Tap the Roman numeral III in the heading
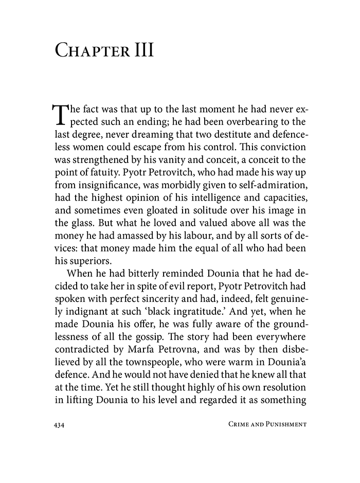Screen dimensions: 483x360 [140, 52]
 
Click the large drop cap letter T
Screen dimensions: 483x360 [60, 114]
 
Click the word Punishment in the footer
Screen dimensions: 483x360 [281, 424]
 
